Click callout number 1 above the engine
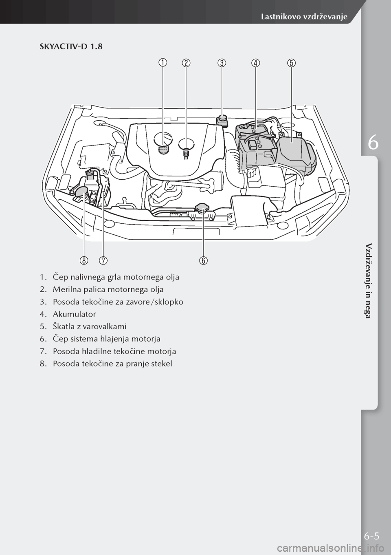point(163,63)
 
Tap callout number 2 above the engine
point(186,63)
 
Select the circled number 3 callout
point(221,63)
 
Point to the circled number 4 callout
point(256,63)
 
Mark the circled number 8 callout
point(84,260)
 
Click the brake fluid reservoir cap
point(222,119)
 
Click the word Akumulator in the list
point(74,314)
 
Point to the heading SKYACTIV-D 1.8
point(71,47)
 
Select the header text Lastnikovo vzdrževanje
point(303,16)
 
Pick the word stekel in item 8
point(163,363)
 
